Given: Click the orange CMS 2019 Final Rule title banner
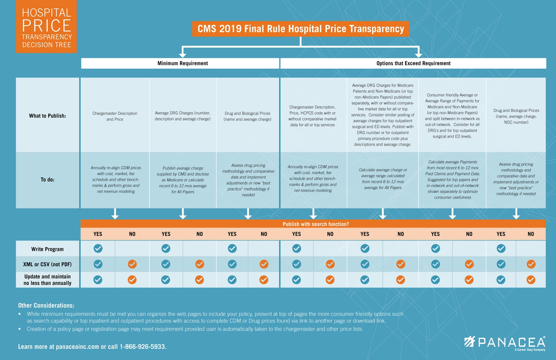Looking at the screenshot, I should pyautogui.click(x=300, y=29).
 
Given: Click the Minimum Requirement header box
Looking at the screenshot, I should pyautogui.click(x=182, y=63).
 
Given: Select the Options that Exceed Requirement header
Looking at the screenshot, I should pyautogui.click(x=413, y=63).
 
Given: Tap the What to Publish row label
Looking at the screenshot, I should pyautogui.click(x=47, y=116).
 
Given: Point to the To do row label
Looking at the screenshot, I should pyautogui.click(x=47, y=180).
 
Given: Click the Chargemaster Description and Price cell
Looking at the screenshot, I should pyautogui.click(x=115, y=116).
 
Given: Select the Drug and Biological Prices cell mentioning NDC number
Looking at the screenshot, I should pyautogui.click(x=516, y=116).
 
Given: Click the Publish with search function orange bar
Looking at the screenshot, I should pyautogui.click(x=316, y=224).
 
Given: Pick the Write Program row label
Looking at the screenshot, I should pyautogui.click(x=47, y=249).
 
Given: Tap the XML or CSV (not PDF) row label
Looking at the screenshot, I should pyautogui.click(x=47, y=264).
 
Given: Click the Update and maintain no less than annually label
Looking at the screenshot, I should pyautogui.click(x=47, y=280).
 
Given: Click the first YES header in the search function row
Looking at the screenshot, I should pyautogui.click(x=98, y=234).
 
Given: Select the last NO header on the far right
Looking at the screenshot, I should pyautogui.click(x=531, y=234).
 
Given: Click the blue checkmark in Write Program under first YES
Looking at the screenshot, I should pyautogui.click(x=98, y=248).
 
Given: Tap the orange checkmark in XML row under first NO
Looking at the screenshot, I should pyautogui.click(x=132, y=264).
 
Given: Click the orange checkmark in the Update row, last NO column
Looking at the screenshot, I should pyautogui.click(x=531, y=280).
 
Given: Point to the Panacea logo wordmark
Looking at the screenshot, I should pyautogui.click(x=511, y=342).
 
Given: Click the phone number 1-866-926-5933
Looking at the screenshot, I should pyautogui.click(x=143, y=347).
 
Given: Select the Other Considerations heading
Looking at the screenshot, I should pyautogui.click(x=46, y=306).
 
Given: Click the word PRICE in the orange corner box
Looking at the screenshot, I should pyautogui.click(x=47, y=25).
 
